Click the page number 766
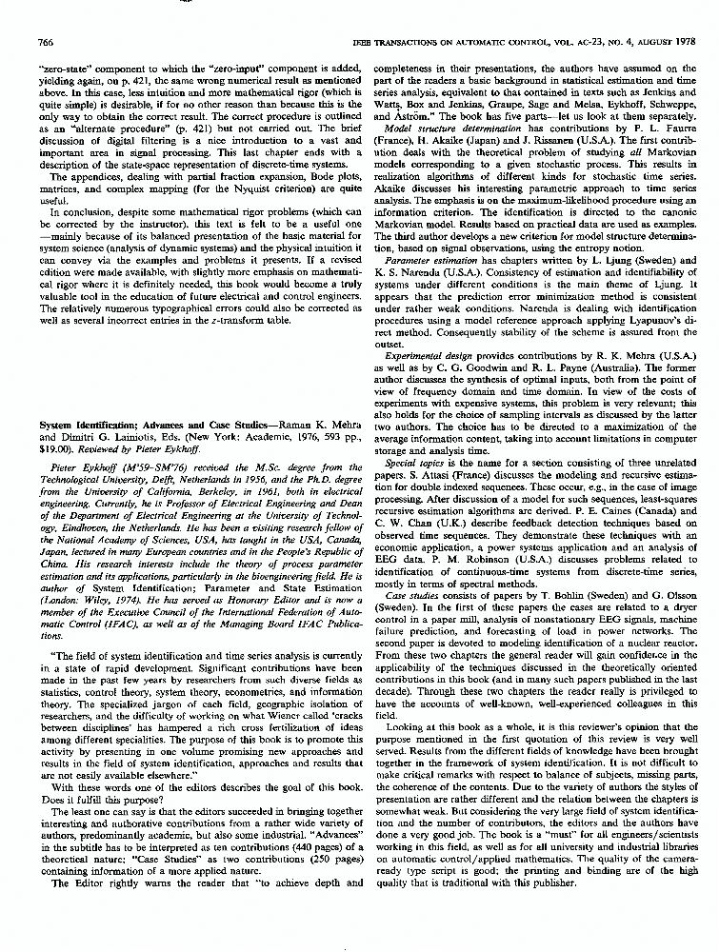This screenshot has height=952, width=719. [43, 43]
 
